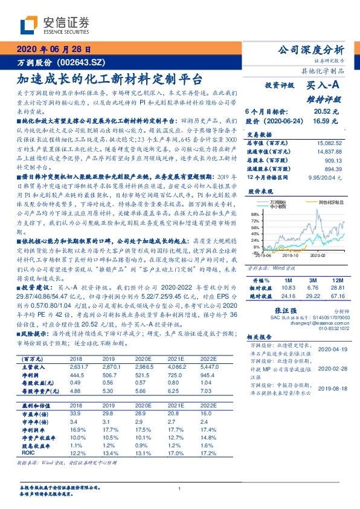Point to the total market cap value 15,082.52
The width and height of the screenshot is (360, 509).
tap(331, 143)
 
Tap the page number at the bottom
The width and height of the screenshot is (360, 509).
tap(180, 489)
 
